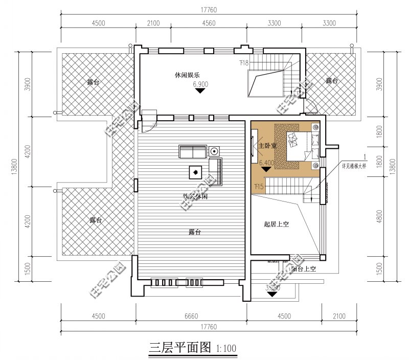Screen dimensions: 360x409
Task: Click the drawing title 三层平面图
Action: [179, 348]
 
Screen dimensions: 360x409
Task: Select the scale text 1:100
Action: [226, 349]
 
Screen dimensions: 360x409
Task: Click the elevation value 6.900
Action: [200, 83]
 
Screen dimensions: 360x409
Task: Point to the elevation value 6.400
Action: [267, 163]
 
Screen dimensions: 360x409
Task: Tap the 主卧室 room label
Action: [267, 146]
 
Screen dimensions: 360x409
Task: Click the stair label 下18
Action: [244, 63]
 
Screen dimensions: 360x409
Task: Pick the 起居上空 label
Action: [277, 224]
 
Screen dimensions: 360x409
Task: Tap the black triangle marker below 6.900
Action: [200, 91]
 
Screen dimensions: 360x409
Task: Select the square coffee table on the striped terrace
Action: [195, 172]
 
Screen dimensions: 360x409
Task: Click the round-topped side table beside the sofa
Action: [214, 151]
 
